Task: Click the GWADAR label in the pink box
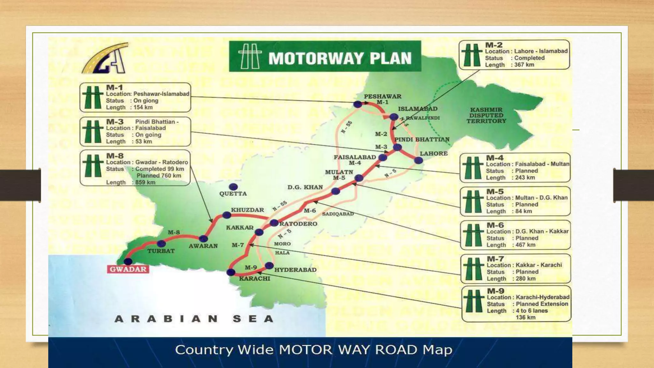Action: click(x=128, y=269)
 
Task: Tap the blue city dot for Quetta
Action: click(x=233, y=187)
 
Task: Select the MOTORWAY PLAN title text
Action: click(x=340, y=58)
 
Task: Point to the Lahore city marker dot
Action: click(x=418, y=160)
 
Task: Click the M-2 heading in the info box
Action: click(x=494, y=45)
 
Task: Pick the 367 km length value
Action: click(x=524, y=65)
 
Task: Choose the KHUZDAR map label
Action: click(x=247, y=210)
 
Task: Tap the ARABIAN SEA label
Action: click(x=194, y=319)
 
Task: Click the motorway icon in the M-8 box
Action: click(x=93, y=166)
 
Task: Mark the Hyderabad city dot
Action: click(x=269, y=265)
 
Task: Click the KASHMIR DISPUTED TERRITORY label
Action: click(x=486, y=115)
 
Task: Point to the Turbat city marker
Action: click(x=161, y=244)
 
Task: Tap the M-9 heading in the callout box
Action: click(x=496, y=291)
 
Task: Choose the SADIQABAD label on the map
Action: click(x=338, y=214)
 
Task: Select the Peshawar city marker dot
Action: click(x=358, y=104)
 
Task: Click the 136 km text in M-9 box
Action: click(x=525, y=318)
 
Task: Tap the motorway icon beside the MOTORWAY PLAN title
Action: click(x=250, y=56)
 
